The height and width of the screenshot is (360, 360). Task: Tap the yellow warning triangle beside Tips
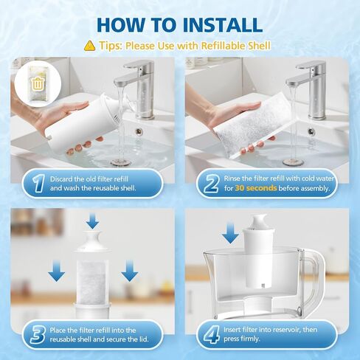coord(89,45)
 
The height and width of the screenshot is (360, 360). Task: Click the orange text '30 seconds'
coord(255,188)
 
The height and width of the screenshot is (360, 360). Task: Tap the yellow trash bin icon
coord(37,80)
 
